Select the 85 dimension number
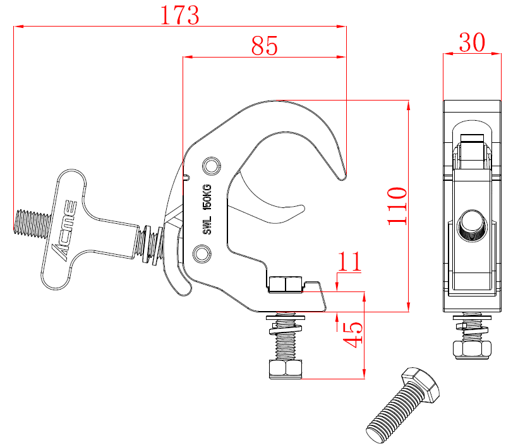click(265, 46)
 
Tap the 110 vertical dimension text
click(397, 205)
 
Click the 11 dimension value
click(349, 261)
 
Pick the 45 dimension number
click(353, 334)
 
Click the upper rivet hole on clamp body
click(209, 166)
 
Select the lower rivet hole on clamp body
click(202, 254)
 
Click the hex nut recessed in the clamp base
click(285, 284)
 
